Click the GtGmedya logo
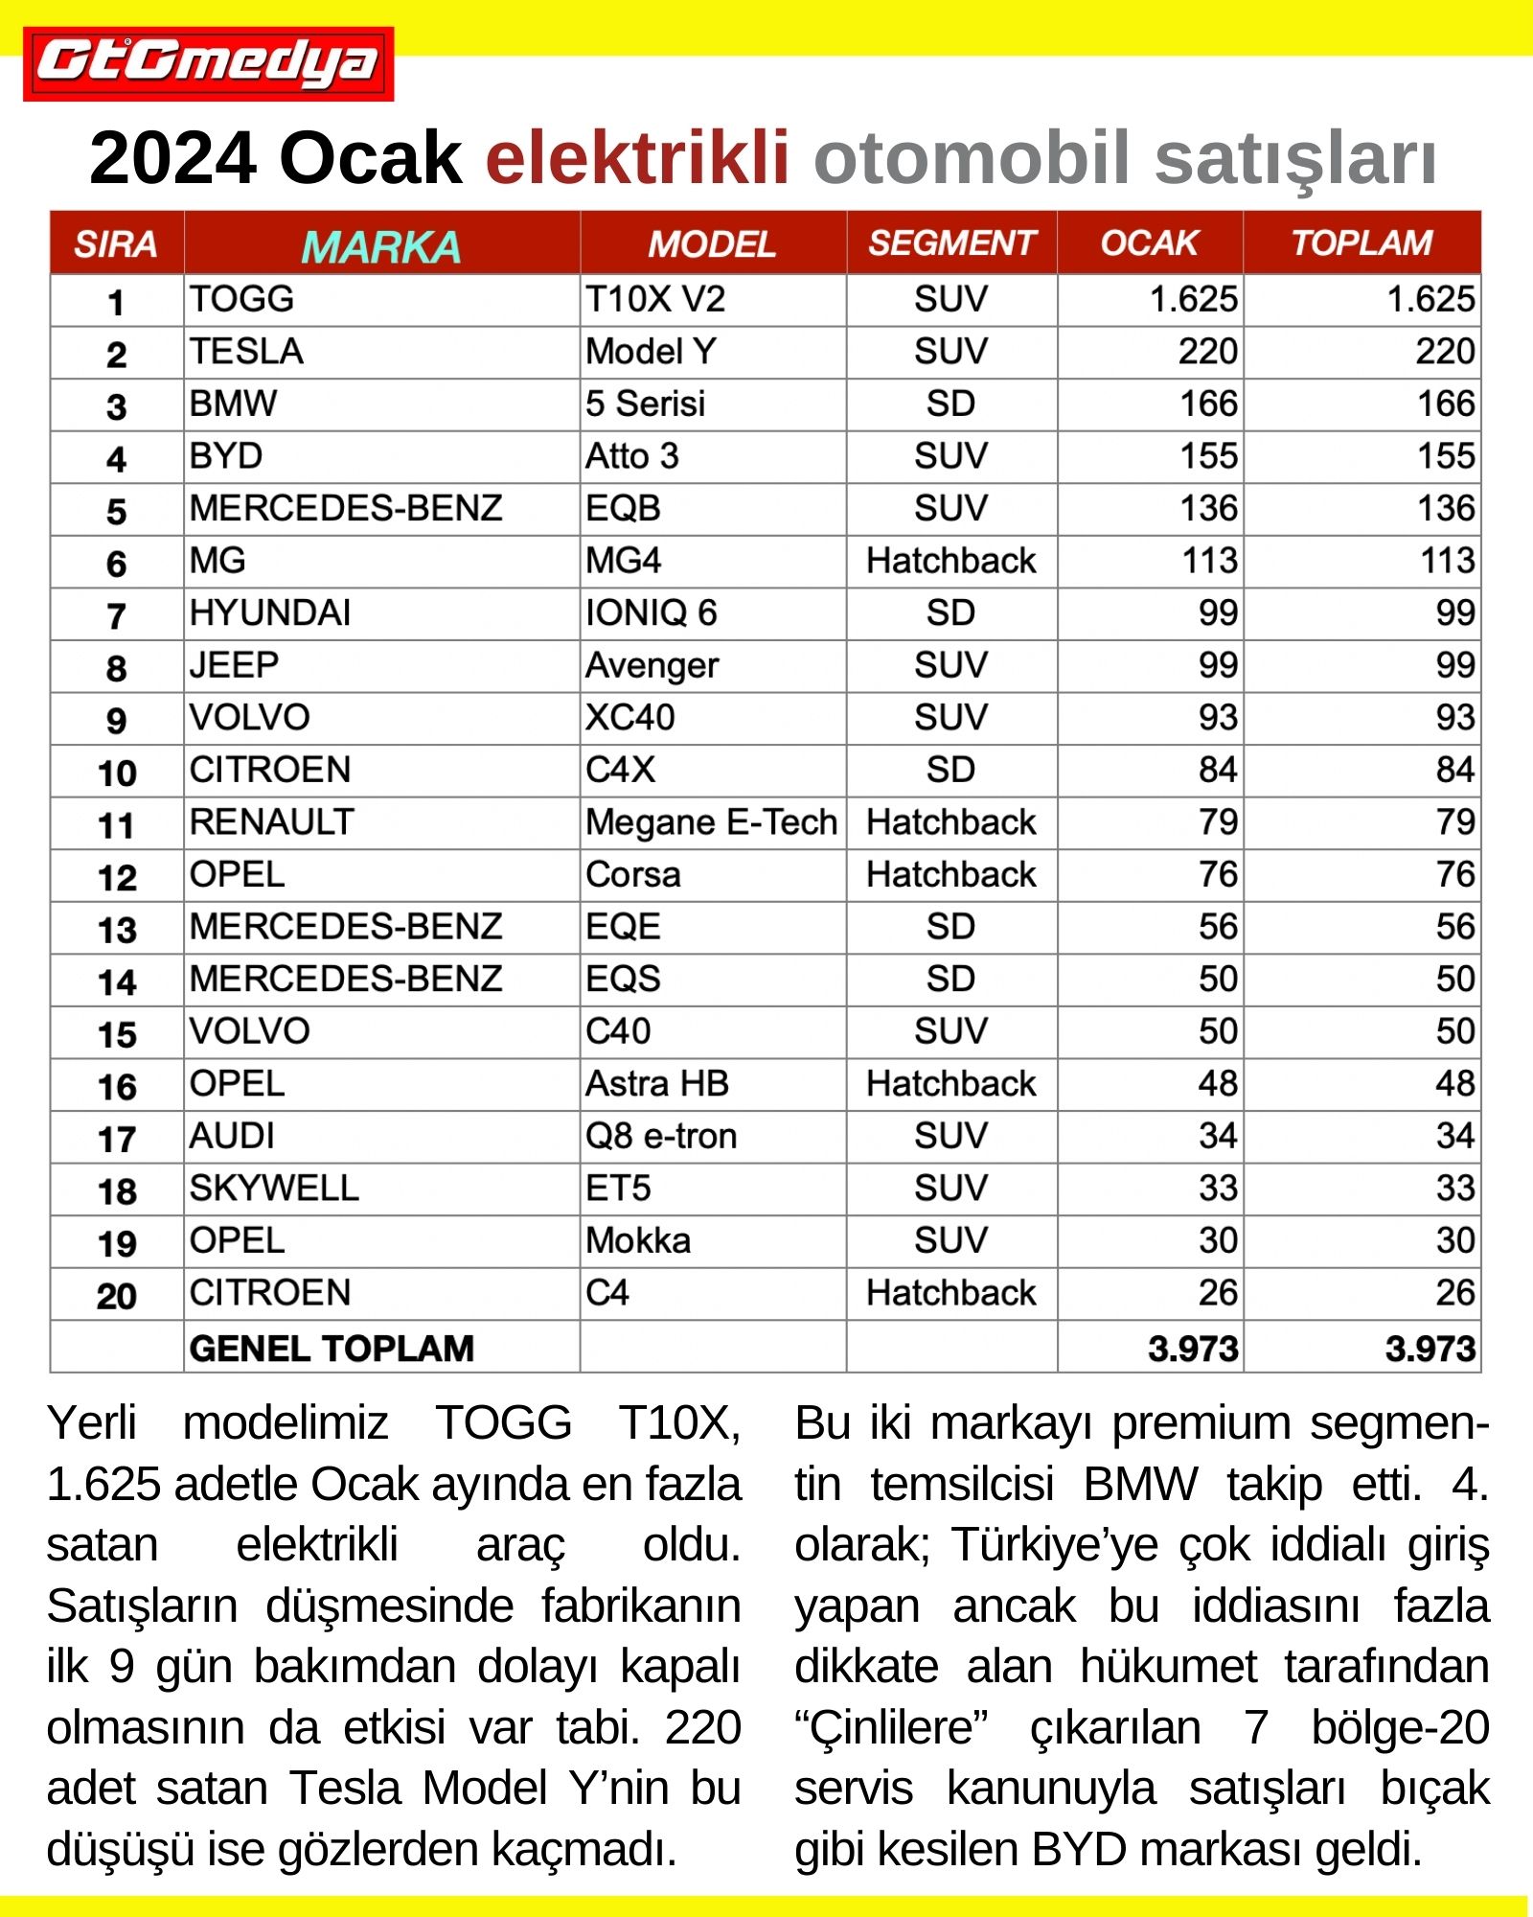tap(208, 63)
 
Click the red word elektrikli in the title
tap(637, 158)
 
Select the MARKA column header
tap(381, 246)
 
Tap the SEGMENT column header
tap(951, 243)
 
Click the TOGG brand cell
tap(241, 299)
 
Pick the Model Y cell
tap(651, 352)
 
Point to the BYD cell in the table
tap(226, 456)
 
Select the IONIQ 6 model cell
tap(651, 613)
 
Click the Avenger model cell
tap(652, 666)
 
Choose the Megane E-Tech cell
tap(711, 822)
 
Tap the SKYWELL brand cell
tap(274, 1189)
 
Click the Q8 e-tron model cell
tap(661, 1137)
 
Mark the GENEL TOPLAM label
tap(332, 1349)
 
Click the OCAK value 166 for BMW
tap(1209, 404)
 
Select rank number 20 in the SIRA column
tap(117, 1296)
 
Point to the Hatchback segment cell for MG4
tap(951, 561)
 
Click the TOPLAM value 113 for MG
tap(1447, 561)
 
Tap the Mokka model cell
tap(638, 1241)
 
